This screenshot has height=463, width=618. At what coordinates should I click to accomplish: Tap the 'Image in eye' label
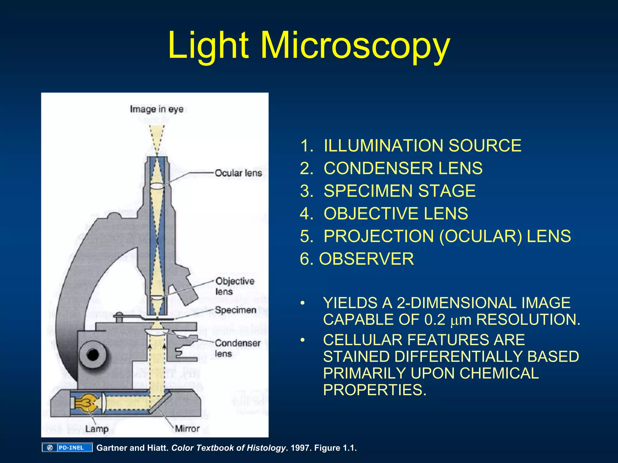tap(157, 109)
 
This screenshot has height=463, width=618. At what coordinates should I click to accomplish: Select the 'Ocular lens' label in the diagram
tap(238, 173)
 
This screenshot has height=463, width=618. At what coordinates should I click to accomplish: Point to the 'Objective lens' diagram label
tap(234, 286)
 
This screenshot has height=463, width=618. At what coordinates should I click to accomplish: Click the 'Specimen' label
tap(235, 310)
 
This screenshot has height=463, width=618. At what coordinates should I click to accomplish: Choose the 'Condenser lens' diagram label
tap(237, 348)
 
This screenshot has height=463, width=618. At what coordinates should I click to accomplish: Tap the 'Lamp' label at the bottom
tap(97, 429)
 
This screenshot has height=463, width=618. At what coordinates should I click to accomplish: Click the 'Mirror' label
tap(187, 428)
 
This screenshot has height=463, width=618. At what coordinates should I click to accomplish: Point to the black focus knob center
tap(93, 354)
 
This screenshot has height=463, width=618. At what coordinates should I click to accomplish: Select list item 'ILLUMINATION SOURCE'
tap(422, 146)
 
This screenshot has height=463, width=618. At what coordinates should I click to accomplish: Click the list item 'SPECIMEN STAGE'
tap(399, 191)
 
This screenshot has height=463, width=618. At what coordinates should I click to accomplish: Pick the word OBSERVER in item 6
tap(366, 259)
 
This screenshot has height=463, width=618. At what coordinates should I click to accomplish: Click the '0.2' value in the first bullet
tap(435, 320)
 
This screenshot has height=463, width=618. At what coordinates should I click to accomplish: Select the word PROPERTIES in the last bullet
tap(374, 390)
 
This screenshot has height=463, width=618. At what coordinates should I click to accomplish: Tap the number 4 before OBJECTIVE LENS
tap(305, 213)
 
